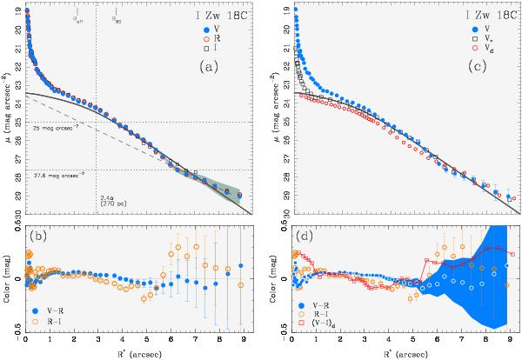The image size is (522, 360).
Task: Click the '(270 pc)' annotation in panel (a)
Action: click(111, 203)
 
